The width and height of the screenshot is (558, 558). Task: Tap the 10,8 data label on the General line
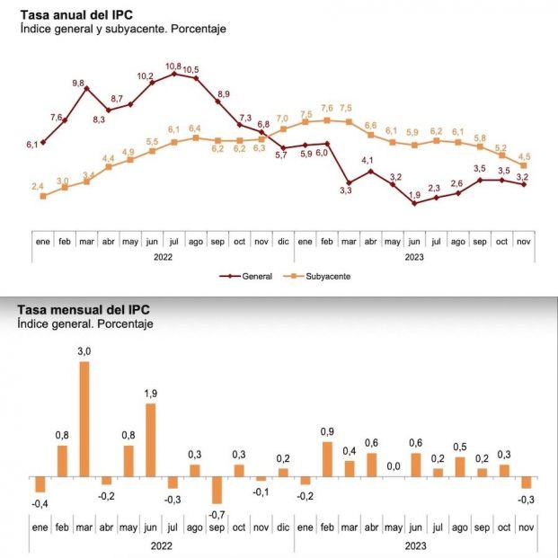[x=173, y=66]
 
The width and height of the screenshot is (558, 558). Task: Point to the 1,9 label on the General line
[x=414, y=195]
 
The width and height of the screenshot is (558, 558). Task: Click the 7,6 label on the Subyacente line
[x=327, y=109]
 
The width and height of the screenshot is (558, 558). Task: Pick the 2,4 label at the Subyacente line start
[x=38, y=186]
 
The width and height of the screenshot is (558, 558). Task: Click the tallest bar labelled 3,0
[x=84, y=418]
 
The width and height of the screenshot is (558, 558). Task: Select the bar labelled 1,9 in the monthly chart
[x=151, y=438]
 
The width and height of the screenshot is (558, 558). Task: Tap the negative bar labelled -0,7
[x=217, y=490]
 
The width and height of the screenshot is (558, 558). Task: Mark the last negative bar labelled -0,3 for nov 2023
[x=526, y=482]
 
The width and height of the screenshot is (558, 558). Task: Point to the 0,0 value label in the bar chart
[x=393, y=466]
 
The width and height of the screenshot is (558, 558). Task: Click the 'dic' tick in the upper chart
[x=283, y=242]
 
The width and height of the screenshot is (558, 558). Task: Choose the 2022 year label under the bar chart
[x=162, y=545]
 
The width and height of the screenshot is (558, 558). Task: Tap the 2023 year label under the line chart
[x=414, y=256]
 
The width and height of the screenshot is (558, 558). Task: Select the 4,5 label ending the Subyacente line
[x=523, y=155]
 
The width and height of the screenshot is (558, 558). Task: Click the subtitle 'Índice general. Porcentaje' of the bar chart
[x=85, y=323]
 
